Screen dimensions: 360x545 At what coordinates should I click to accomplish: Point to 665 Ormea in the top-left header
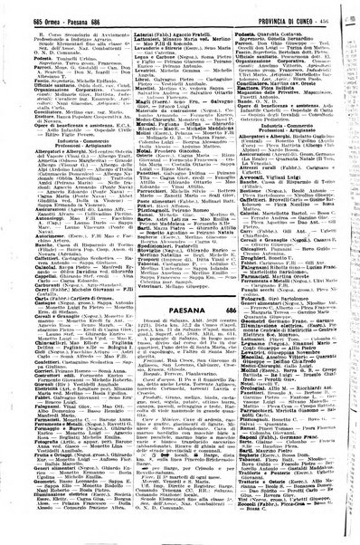click(x=27, y=7)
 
